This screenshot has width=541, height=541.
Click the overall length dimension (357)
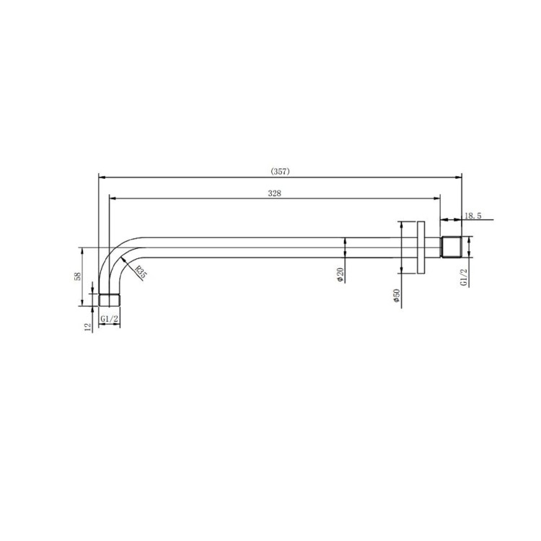pos(280,171)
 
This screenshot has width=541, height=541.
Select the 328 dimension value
pos(274,193)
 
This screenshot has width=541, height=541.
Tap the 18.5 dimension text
pos(473,216)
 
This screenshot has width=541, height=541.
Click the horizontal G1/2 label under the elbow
pos(110,318)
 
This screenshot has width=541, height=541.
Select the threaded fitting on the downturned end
pos(110,299)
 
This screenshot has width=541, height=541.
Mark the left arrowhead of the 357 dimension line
pos(102,175)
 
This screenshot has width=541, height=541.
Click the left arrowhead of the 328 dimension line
pos(112,196)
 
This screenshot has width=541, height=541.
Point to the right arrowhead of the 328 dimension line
pos(436,196)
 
